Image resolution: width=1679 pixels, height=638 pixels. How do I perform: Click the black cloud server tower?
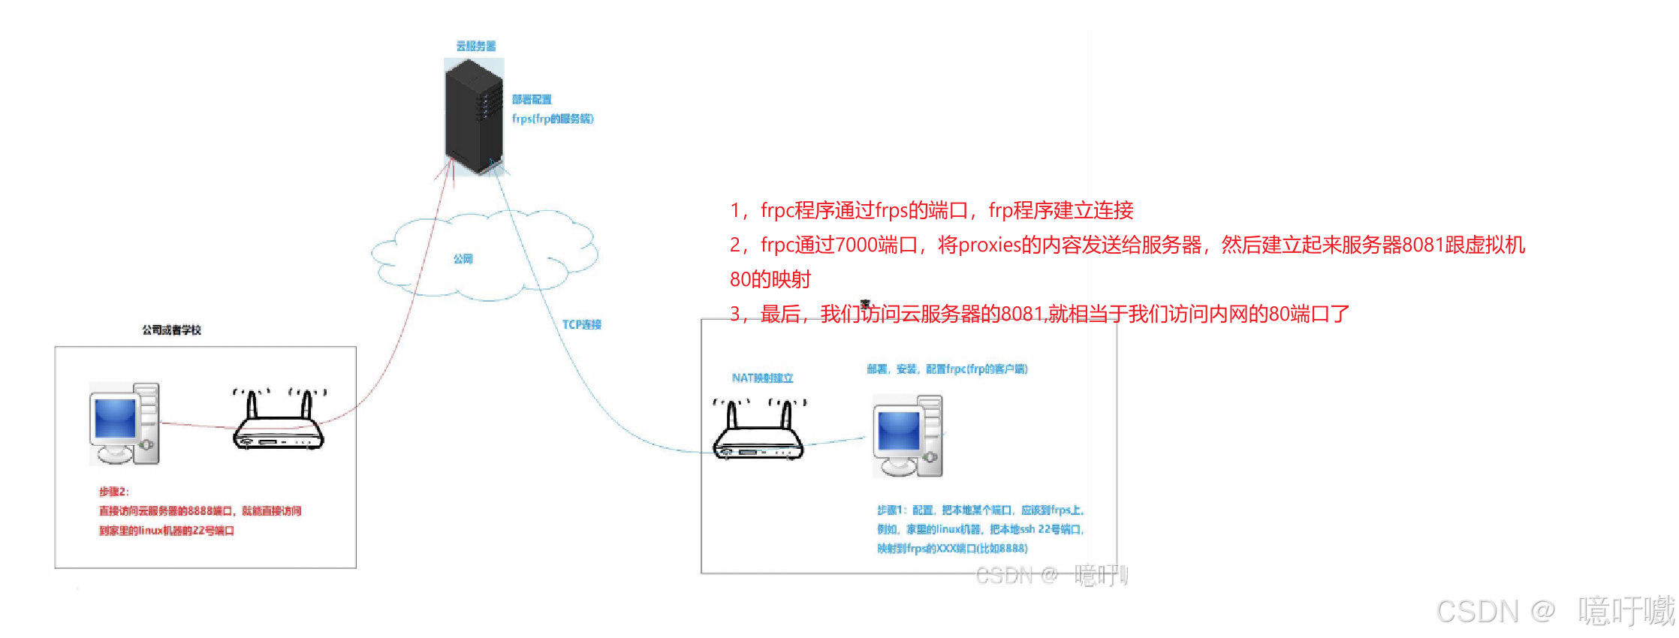(x=474, y=116)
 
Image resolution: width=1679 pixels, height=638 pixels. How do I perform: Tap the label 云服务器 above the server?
(x=476, y=46)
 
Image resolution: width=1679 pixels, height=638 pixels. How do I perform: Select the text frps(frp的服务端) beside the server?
(x=553, y=119)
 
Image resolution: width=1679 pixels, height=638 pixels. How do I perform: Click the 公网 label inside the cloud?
(x=463, y=259)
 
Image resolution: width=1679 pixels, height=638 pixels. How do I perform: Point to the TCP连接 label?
(x=582, y=324)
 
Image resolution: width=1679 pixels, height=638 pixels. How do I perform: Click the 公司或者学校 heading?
(x=172, y=330)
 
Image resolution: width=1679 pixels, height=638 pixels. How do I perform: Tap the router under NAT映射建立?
(x=758, y=432)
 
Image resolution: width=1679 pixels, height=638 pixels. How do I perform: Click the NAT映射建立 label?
(x=762, y=378)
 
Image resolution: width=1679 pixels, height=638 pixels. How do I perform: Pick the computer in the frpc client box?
(x=908, y=437)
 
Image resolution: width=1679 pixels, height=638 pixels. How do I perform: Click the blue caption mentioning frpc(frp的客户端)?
(x=947, y=369)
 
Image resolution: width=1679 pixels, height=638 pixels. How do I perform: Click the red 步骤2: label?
(x=114, y=492)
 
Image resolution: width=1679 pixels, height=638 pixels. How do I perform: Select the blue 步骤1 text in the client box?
(x=981, y=510)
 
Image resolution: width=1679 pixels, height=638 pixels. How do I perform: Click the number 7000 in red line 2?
(x=856, y=245)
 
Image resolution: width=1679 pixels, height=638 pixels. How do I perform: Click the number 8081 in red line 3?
(x=1021, y=314)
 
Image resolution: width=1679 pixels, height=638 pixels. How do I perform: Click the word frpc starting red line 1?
(x=778, y=211)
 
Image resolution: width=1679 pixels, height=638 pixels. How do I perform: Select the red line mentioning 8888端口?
(x=200, y=511)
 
